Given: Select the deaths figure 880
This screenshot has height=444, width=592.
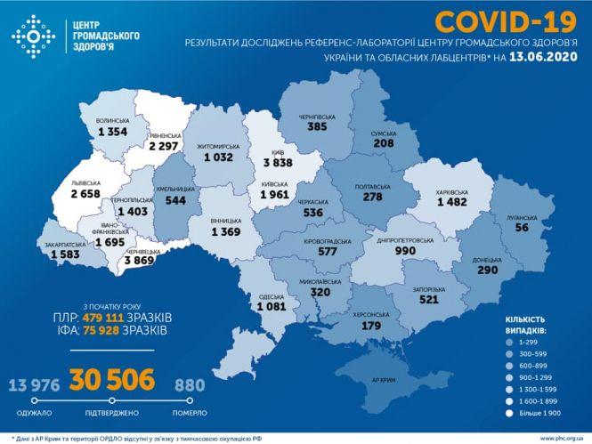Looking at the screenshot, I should pyautogui.click(x=188, y=385).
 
